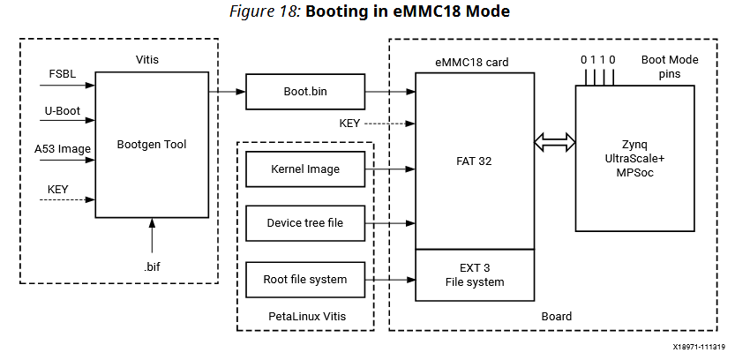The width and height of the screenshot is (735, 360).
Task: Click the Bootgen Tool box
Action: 152,145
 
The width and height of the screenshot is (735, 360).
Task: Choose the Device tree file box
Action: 304,223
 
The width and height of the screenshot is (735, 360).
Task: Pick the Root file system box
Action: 304,280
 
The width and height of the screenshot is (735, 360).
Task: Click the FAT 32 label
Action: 475,162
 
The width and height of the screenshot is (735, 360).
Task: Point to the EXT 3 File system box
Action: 475,275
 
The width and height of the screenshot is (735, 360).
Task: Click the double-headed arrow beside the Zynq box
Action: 555,141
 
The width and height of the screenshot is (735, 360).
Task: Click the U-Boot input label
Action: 62,112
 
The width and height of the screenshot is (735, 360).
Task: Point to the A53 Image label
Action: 63,149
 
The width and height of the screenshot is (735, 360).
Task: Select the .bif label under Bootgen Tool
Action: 152,265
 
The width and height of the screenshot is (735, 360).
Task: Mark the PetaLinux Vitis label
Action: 306,315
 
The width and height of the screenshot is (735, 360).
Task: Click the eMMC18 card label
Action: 472,62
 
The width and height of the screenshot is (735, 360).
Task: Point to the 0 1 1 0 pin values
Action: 597,59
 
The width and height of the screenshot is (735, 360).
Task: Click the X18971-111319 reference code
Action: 693,348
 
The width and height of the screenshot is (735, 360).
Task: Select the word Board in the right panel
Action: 556,316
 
